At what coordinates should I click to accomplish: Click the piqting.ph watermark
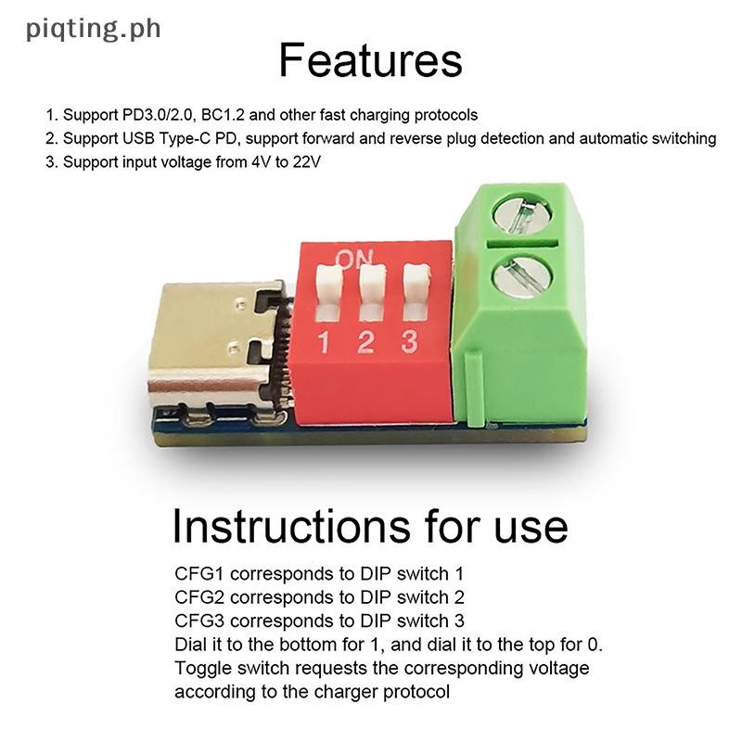pyautogui.click(x=94, y=29)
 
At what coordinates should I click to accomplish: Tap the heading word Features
pyautogui.click(x=370, y=61)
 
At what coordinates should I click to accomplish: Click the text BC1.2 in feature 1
pyautogui.click(x=246, y=115)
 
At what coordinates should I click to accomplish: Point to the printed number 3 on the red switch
pyautogui.click(x=408, y=342)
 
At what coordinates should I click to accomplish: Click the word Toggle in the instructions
pyautogui.click(x=199, y=668)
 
